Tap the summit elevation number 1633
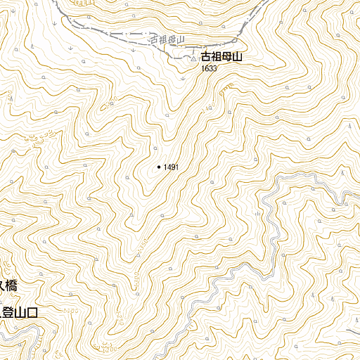(x=209, y=69)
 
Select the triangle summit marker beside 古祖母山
(x=194, y=59)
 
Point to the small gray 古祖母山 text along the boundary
(x=167, y=41)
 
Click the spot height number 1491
(x=171, y=167)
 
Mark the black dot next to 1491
(x=159, y=167)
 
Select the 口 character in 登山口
(x=30, y=314)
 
